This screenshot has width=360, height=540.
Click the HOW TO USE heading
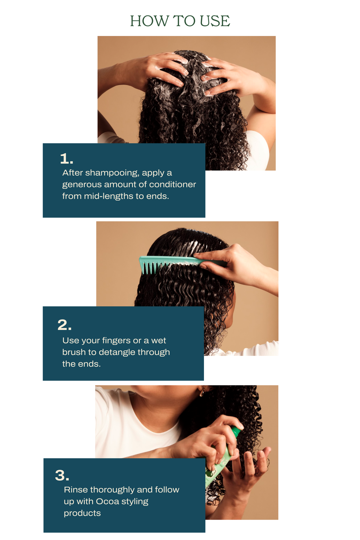pyautogui.click(x=180, y=21)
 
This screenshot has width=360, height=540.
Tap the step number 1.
pyautogui.click(x=67, y=158)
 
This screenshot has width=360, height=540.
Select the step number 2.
pyautogui.click(x=64, y=325)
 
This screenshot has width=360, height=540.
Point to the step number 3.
pyautogui.click(x=62, y=475)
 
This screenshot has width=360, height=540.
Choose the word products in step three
pyautogui.click(x=82, y=514)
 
